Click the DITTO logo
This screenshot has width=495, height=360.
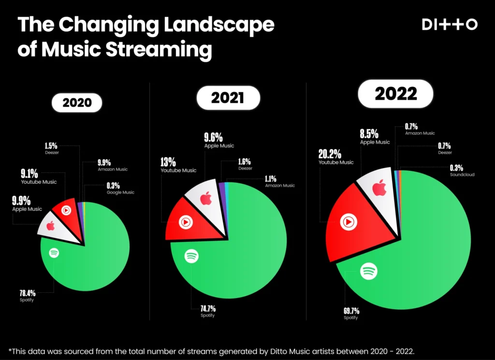click(450, 25)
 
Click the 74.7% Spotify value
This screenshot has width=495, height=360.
click(208, 309)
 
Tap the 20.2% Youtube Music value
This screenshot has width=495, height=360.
click(330, 154)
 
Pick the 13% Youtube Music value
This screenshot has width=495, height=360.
click(168, 162)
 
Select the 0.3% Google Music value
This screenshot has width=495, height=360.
click(114, 185)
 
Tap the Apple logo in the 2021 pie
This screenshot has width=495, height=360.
click(206, 198)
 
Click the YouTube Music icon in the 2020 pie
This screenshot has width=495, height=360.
click(66, 210)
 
